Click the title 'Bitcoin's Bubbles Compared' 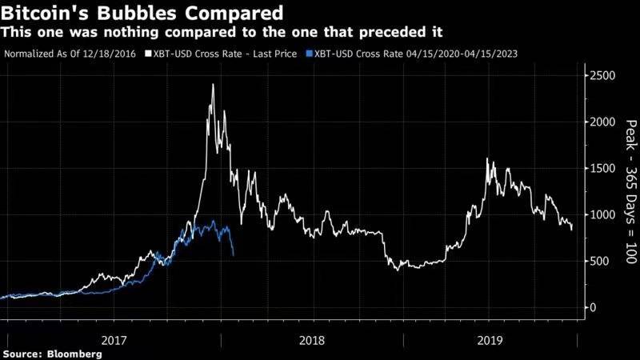pos(143,13)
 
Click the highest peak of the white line pos(212,84)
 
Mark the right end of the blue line pos(233,255)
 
